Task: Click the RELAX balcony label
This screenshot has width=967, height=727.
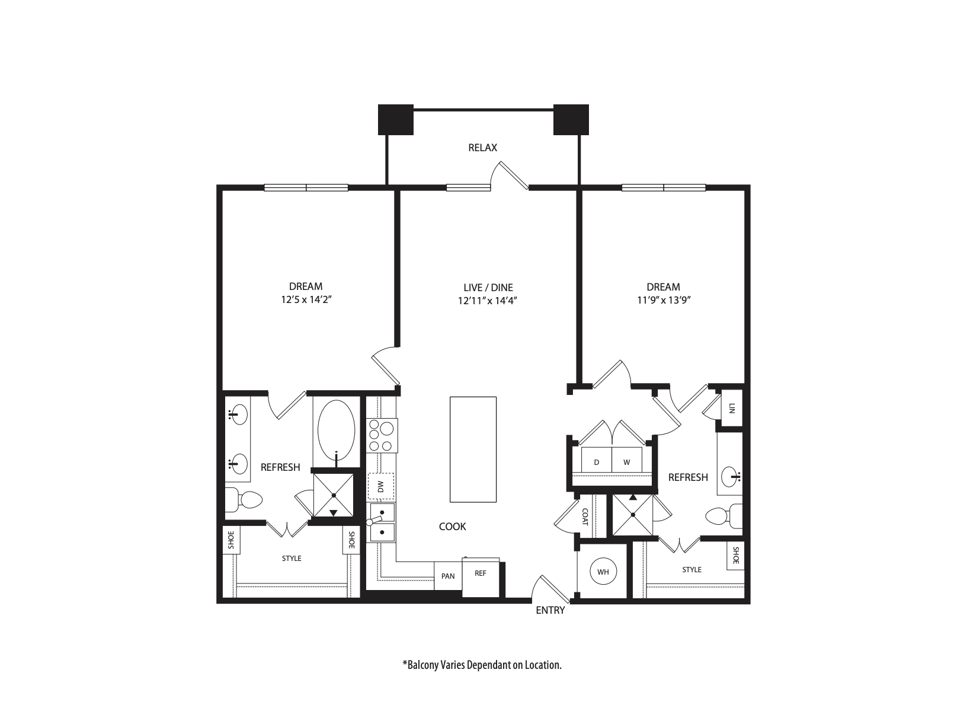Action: (x=482, y=148)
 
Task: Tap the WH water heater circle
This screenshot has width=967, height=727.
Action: (x=603, y=572)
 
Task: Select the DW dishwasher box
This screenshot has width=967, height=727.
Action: (x=381, y=487)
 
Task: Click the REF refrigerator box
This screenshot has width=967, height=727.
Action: (x=481, y=574)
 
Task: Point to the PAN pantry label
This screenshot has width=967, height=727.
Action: (x=448, y=576)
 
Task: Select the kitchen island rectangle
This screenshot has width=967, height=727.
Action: (x=473, y=449)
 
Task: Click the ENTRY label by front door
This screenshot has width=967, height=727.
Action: (x=550, y=610)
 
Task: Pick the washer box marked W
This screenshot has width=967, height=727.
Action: (x=626, y=462)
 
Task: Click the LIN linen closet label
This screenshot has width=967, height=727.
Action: (x=732, y=408)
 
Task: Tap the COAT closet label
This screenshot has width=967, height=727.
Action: (x=585, y=517)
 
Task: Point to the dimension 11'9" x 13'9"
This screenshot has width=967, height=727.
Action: (x=663, y=301)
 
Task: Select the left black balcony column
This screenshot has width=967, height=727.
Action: (x=395, y=120)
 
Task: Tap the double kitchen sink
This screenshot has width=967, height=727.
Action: (x=382, y=522)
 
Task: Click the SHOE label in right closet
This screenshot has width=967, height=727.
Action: (x=735, y=555)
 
